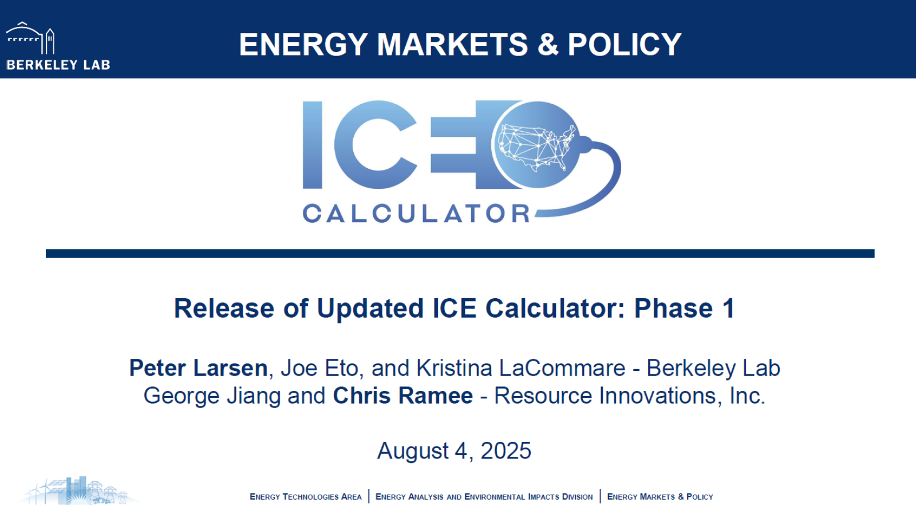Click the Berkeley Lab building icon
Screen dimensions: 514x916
coord(30,39)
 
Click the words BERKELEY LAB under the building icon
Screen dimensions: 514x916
coord(58,65)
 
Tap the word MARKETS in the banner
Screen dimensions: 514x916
coord(452,45)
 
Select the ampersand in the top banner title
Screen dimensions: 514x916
coord(548,45)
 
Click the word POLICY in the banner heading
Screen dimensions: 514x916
coord(625,45)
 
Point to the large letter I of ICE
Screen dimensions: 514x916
coord(313,145)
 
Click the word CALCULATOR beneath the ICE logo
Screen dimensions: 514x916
coord(416,213)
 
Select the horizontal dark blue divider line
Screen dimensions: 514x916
coord(460,254)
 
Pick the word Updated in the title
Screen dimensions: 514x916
coord(370,309)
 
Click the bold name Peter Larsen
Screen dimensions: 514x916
coord(198,368)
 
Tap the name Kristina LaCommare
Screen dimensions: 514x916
coord(520,368)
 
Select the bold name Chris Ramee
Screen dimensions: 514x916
coord(402,396)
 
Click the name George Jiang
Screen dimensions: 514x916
coord(212,396)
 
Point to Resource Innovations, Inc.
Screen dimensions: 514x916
coord(629,396)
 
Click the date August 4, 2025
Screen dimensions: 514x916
coord(454,451)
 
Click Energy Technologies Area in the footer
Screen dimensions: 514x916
coord(305,497)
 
